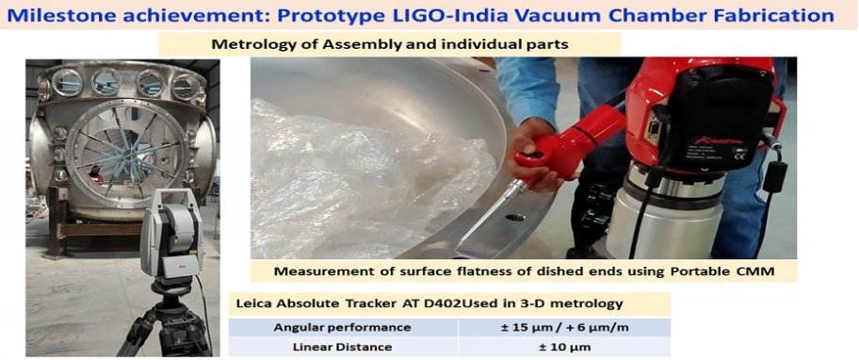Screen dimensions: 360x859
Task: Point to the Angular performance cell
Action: [343, 327]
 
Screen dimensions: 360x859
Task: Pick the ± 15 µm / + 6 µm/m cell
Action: [563, 327]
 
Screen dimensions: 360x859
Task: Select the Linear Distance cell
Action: [343, 346]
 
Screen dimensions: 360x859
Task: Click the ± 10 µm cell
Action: [563, 346]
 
